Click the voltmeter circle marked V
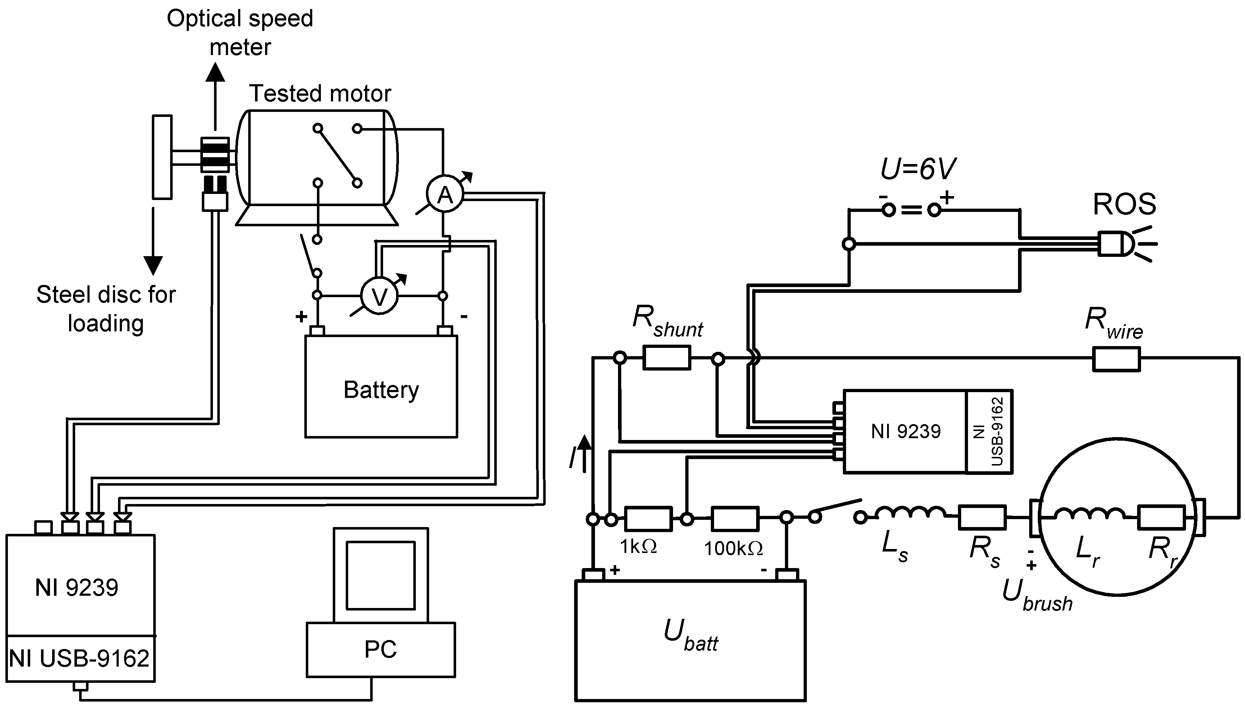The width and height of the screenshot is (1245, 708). coord(379,296)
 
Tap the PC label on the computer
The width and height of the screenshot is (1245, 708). coord(381,649)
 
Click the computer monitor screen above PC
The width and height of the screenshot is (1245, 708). coord(381,575)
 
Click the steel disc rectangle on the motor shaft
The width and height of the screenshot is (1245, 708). coord(162,156)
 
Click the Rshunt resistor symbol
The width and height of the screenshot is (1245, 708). coord(667,358)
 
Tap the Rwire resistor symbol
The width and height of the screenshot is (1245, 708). coord(1116,359)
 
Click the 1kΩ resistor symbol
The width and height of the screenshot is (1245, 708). coord(648,519)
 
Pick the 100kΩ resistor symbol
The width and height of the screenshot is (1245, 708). coord(735,519)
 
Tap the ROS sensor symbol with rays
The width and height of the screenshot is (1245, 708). coord(1118,244)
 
